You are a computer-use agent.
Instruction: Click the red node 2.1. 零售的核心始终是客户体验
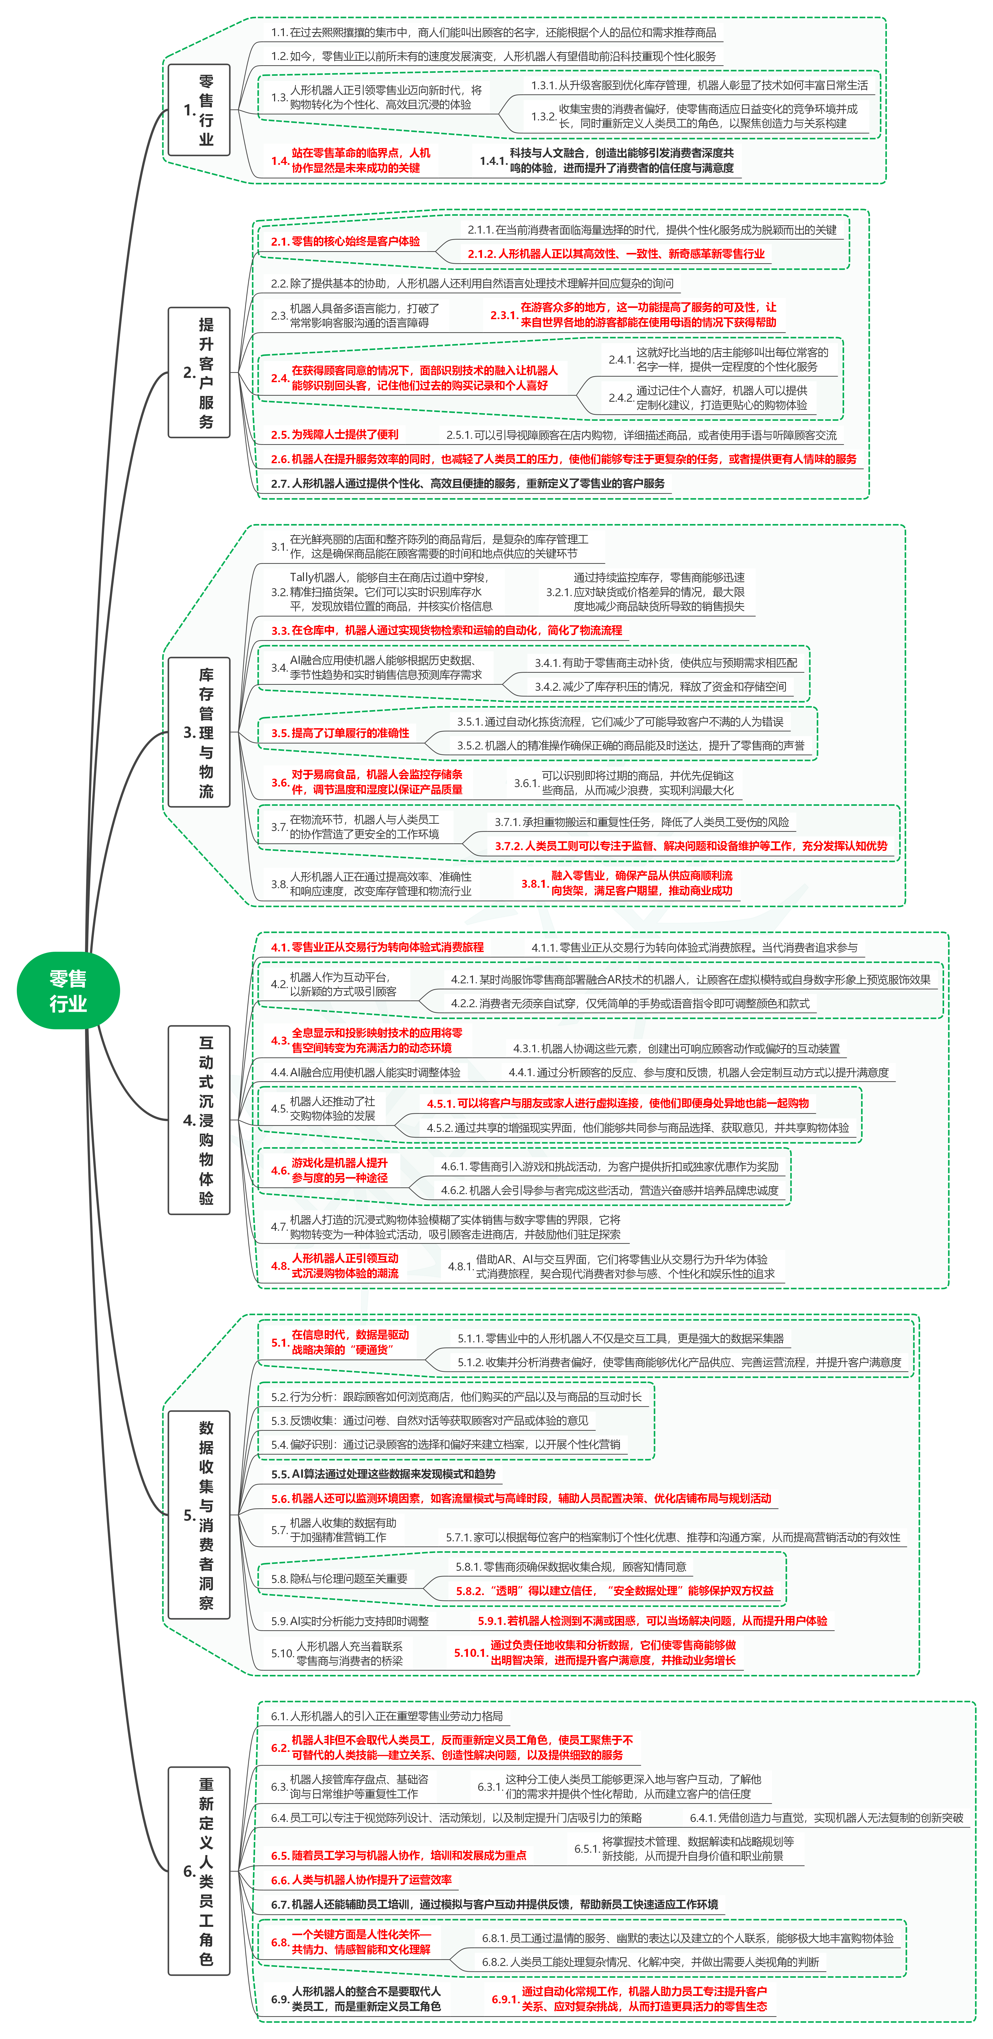(x=346, y=241)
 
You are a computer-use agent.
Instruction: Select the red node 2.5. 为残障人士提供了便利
(x=335, y=435)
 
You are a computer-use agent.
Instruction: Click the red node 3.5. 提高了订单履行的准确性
(x=340, y=733)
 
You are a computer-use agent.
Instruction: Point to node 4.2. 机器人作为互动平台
(x=334, y=984)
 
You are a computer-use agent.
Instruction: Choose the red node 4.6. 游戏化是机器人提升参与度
(x=330, y=1170)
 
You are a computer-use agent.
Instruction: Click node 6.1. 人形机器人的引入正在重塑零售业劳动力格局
(x=387, y=1716)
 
